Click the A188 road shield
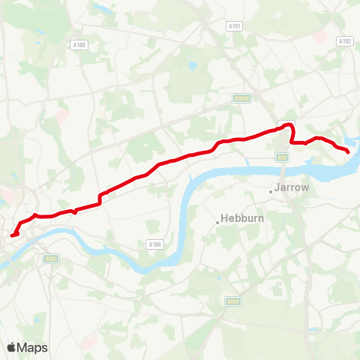click(79, 45)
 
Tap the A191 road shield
click(235, 25)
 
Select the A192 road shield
click(344, 41)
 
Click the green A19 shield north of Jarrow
click(282, 157)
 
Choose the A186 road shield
click(154, 244)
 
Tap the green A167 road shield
click(51, 259)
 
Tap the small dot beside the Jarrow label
click(271, 191)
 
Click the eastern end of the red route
click(348, 152)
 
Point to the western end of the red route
click(12, 235)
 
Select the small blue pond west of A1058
click(193, 66)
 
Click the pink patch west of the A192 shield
click(322, 35)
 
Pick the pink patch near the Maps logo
click(88, 341)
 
